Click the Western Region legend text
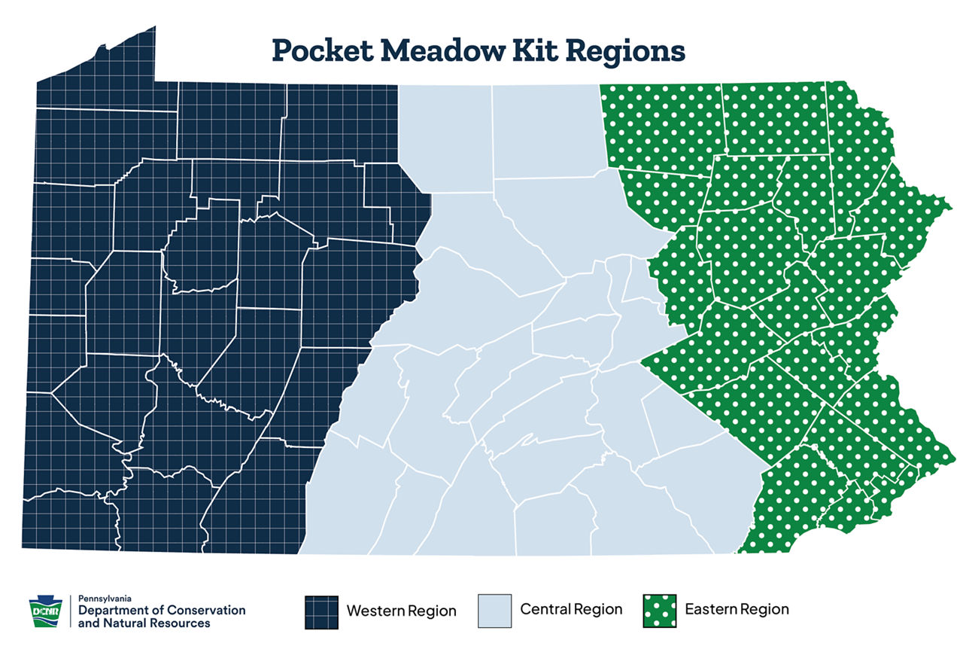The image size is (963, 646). (401, 611)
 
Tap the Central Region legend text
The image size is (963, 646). (571, 609)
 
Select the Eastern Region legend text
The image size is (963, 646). (737, 609)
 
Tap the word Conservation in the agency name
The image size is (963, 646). (205, 610)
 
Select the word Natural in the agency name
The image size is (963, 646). (124, 623)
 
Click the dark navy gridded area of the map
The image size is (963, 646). (188, 301)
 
